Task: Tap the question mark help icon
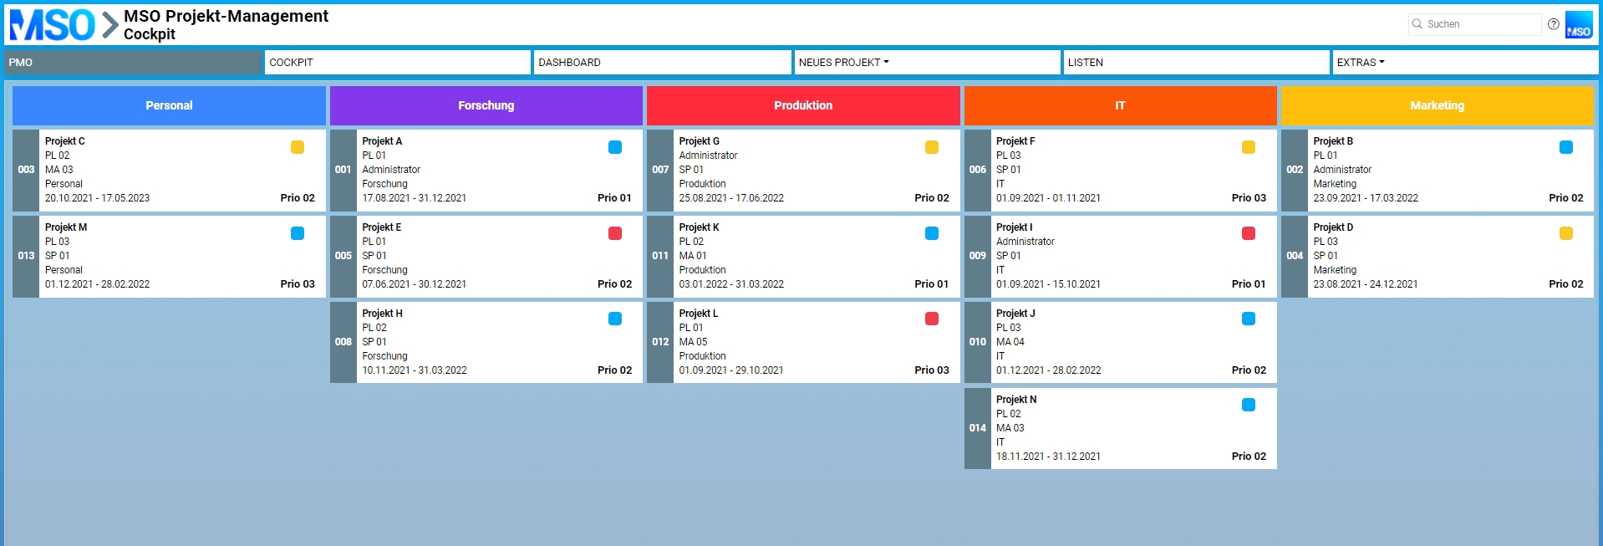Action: (1553, 24)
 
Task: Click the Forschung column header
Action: (486, 105)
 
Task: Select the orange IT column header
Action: (1120, 105)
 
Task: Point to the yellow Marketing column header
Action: (1437, 105)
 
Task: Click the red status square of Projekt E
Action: (615, 233)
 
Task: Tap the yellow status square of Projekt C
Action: (298, 147)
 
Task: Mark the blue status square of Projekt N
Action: (1249, 405)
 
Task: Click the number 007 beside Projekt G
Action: (660, 170)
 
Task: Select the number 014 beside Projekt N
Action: (977, 428)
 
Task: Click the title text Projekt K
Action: (699, 227)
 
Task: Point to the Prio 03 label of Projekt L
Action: (931, 370)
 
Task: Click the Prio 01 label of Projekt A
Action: (614, 198)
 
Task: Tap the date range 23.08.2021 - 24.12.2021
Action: (1365, 284)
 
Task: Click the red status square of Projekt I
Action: (1249, 233)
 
